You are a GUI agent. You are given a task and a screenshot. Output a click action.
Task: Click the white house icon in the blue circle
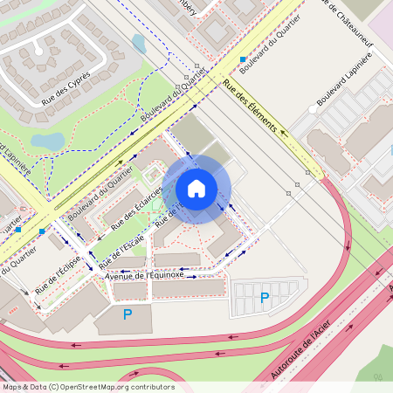click(x=196, y=189)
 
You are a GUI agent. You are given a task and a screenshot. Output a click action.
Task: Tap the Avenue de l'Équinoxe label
click(x=144, y=276)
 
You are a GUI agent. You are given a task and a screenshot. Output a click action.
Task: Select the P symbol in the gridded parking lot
click(x=265, y=300)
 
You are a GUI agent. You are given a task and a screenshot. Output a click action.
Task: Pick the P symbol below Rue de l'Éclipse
click(x=128, y=314)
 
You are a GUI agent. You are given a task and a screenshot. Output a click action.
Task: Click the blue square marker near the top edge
click(x=243, y=59)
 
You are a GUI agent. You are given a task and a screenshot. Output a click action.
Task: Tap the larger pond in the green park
click(x=48, y=141)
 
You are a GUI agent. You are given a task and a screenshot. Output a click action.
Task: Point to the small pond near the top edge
click(x=139, y=43)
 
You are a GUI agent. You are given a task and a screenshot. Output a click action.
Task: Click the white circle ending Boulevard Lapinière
click(x=312, y=110)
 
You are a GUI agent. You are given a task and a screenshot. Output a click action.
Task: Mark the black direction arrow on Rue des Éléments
click(x=283, y=134)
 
